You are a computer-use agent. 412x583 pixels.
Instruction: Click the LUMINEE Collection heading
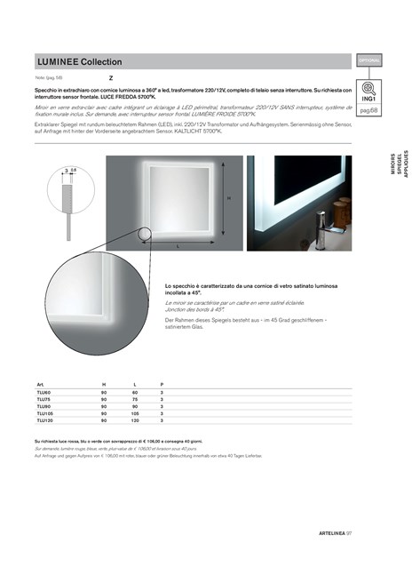(x=79, y=62)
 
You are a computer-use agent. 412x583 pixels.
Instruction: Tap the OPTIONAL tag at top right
(x=369, y=61)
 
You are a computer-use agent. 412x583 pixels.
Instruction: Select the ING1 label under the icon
(x=369, y=99)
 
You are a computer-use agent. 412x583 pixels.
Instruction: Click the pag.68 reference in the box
(x=369, y=110)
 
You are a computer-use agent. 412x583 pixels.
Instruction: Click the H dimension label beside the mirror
(x=228, y=197)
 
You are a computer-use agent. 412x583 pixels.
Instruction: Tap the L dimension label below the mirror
(x=178, y=245)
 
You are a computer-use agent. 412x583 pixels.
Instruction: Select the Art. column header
(x=40, y=384)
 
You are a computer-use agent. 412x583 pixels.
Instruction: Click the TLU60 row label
(x=44, y=392)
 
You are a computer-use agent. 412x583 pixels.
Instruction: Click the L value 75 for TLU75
(x=135, y=399)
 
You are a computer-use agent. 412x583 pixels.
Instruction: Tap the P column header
(x=162, y=384)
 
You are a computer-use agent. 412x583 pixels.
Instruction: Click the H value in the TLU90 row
(x=104, y=406)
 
